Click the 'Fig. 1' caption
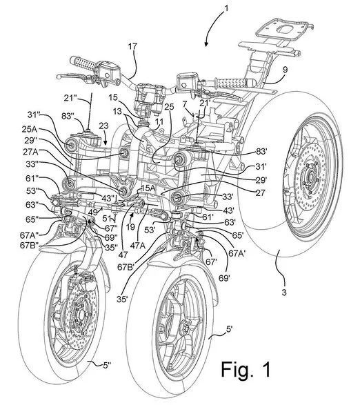[246, 370]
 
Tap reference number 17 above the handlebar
[132, 47]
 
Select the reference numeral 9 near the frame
[285, 69]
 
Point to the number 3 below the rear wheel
[284, 293]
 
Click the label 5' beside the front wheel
[230, 329]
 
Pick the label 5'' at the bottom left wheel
[107, 365]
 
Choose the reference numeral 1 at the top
[226, 8]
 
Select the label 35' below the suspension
[122, 299]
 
